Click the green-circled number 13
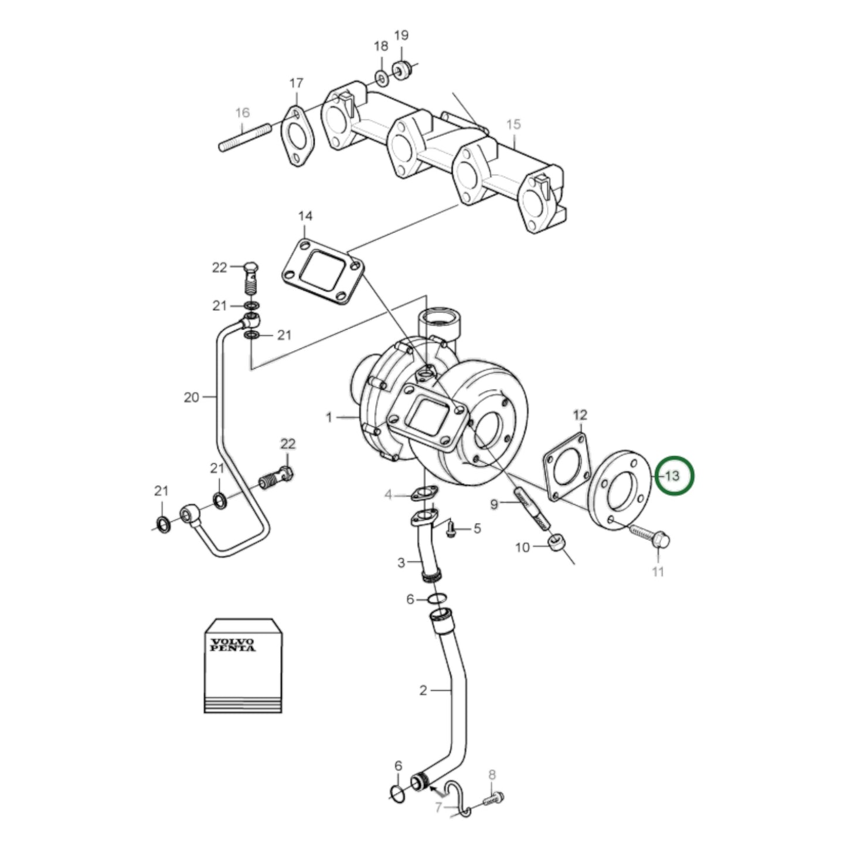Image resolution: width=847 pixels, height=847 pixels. click(673, 475)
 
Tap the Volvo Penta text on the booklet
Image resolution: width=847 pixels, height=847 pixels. click(233, 645)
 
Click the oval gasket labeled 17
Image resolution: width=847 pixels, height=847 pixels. click(297, 136)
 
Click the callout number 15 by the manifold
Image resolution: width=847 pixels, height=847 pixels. click(513, 125)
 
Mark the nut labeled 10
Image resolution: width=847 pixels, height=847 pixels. click(557, 543)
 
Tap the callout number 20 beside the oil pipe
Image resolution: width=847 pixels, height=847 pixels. click(192, 397)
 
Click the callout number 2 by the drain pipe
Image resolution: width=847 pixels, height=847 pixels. click(423, 690)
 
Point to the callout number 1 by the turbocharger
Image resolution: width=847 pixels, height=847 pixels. click(329, 417)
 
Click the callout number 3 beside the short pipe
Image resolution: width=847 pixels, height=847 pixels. click(401, 563)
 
